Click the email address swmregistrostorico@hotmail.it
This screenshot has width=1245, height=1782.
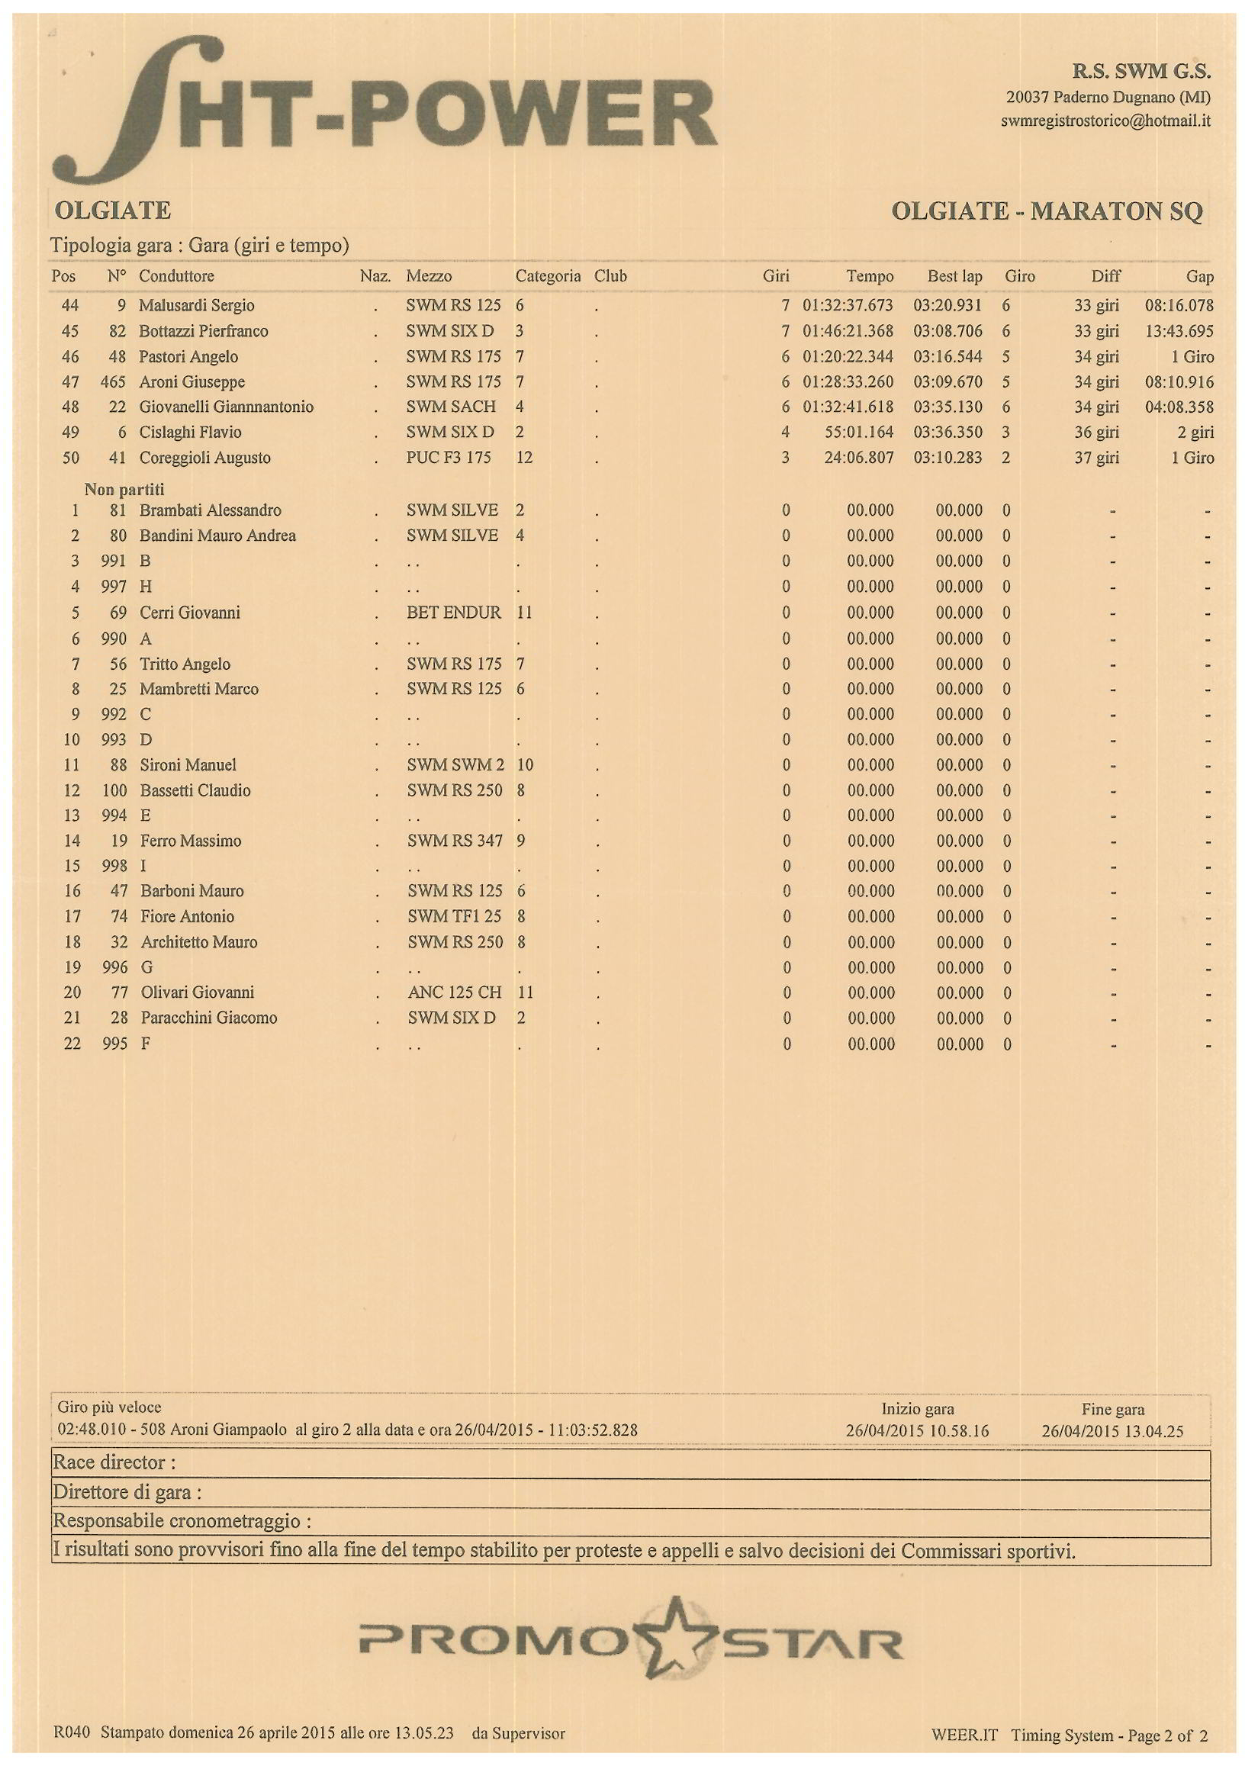[1105, 121]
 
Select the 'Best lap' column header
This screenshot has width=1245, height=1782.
[954, 276]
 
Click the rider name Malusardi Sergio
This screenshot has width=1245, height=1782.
[196, 305]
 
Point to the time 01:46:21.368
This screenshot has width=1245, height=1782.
[848, 331]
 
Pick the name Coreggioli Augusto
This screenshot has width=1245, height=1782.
[205, 458]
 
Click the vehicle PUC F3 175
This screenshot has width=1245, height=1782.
[448, 458]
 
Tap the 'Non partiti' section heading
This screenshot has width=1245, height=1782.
[124, 489]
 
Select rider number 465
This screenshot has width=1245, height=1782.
[113, 382]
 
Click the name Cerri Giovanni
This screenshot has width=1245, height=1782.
[190, 613]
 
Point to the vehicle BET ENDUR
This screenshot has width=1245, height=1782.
[453, 613]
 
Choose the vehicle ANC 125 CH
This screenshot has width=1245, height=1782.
[454, 992]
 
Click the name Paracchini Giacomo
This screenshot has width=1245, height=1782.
[209, 1018]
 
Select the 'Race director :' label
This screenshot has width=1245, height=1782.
[114, 1463]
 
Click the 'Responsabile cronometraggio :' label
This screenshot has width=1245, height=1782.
[182, 1520]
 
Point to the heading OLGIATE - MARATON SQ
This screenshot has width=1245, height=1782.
[1047, 211]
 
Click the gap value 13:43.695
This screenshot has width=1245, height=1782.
[1178, 331]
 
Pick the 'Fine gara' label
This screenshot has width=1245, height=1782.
[1112, 1410]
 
